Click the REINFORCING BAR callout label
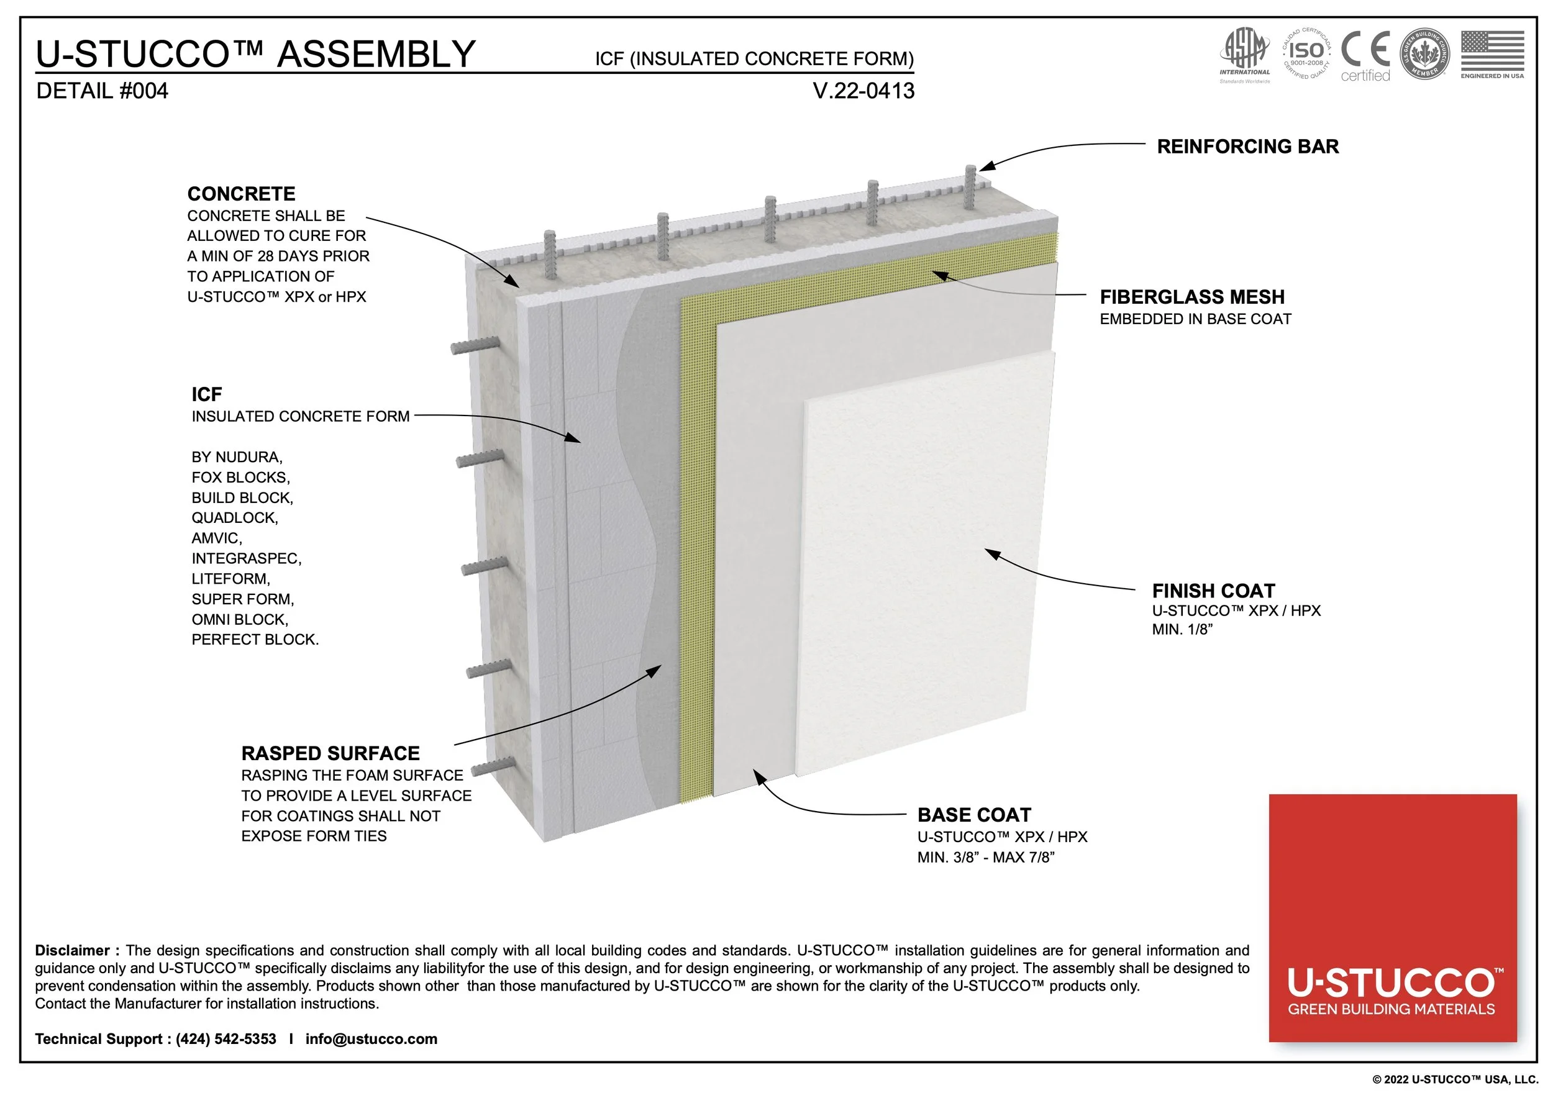(1247, 147)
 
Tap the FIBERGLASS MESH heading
(1192, 297)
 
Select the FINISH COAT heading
(1213, 591)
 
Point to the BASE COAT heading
(974, 815)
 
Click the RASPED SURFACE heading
(330, 753)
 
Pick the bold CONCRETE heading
(241, 194)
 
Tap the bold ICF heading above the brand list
(206, 394)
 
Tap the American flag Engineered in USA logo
(1492, 54)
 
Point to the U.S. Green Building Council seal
(1424, 54)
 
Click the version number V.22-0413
(863, 91)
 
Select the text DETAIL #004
(102, 91)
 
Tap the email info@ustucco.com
(371, 1038)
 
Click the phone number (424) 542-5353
(226, 1038)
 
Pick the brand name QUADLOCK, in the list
(234, 518)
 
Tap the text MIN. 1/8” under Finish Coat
(1182, 630)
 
